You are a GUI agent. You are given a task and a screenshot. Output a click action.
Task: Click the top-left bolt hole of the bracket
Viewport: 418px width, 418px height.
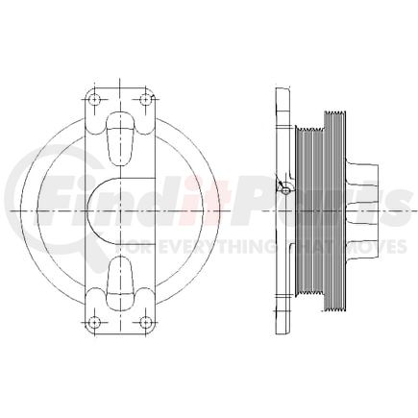[x=94, y=99]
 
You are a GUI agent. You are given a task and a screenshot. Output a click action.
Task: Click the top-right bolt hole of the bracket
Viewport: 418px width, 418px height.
[x=146, y=99]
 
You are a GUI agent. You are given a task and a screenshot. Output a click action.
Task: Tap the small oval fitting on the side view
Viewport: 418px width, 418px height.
[x=285, y=191]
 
